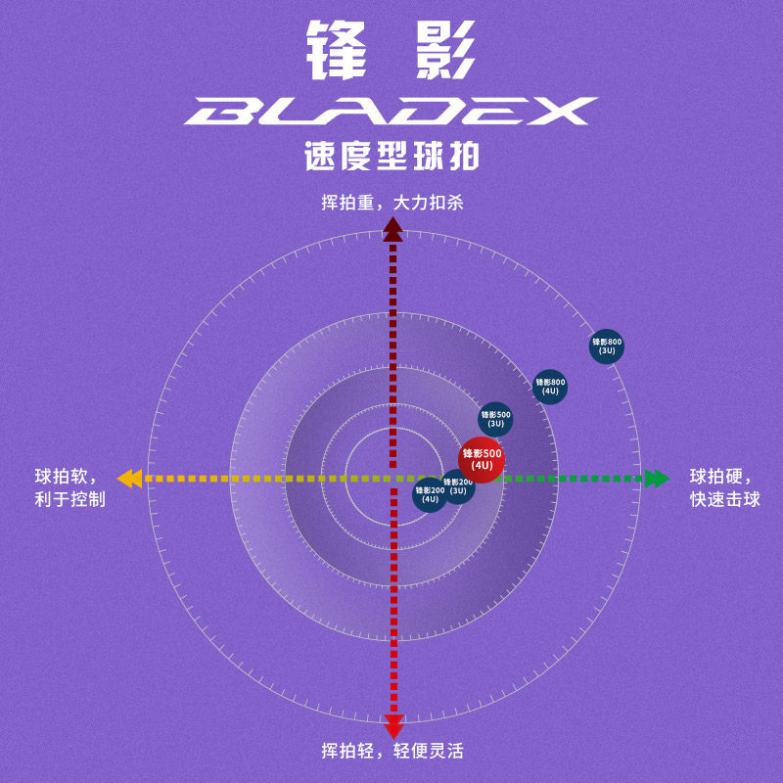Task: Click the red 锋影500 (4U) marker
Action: (482, 459)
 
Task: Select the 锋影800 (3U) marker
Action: (607, 346)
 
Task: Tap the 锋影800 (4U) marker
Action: (550, 386)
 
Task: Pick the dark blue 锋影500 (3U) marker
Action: (495, 419)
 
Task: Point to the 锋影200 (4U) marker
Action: (429, 495)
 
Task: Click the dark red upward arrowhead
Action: (392, 229)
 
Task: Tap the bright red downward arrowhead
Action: (393, 726)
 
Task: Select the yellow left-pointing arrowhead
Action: (129, 479)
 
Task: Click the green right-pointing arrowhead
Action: (657, 479)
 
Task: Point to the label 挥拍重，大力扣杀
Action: (391, 203)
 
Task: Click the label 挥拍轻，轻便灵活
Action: (391, 752)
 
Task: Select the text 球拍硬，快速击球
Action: (724, 487)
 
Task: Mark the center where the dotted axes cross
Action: (393, 479)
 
